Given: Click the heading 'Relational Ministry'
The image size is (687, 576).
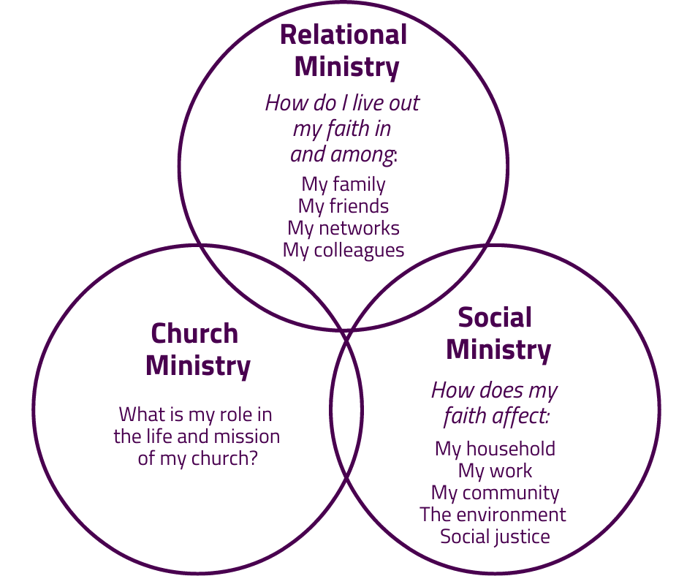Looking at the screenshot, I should click(x=343, y=51).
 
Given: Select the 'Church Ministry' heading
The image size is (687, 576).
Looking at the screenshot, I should click(x=197, y=349).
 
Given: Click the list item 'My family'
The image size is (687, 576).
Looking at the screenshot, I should click(x=343, y=184).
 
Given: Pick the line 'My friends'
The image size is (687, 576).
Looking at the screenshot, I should click(x=343, y=206).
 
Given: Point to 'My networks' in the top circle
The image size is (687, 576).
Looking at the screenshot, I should click(x=343, y=228).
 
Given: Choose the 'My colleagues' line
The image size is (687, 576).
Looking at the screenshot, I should click(x=343, y=250).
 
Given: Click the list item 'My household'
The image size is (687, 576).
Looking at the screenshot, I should click(x=495, y=448).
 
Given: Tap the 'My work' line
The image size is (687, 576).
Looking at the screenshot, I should click(x=495, y=471).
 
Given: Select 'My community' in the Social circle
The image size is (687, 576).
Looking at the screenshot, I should click(x=495, y=493).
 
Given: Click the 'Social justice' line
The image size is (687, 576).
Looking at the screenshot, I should click(x=495, y=537).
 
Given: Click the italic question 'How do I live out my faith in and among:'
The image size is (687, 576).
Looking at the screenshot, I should click(x=343, y=128).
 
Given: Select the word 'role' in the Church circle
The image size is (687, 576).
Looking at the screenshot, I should click(x=235, y=414).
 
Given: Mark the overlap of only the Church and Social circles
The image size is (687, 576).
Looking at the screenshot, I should click(x=346, y=424).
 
